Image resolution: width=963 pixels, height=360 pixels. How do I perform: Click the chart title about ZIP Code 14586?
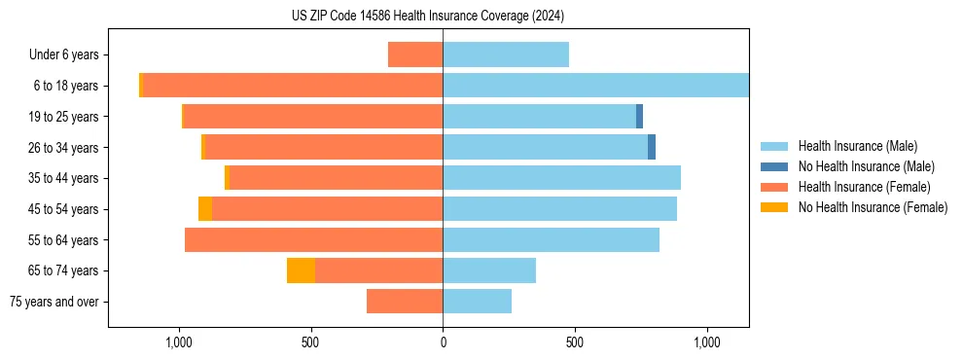point(427,17)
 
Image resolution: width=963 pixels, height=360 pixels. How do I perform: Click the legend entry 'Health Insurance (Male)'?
point(857,146)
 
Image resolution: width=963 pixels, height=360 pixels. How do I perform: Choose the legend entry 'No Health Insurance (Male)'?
point(866,166)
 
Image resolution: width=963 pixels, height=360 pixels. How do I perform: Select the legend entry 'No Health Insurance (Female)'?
point(873,207)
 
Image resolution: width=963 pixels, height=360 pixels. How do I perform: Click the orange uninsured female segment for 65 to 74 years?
point(301,270)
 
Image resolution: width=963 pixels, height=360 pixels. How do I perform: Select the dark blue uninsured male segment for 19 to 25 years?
point(639,117)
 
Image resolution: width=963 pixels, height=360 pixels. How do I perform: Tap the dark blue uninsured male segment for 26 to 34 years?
point(652,147)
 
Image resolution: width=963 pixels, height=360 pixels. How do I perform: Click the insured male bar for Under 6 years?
point(506,54)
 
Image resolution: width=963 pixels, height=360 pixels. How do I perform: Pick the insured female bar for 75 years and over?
point(405,302)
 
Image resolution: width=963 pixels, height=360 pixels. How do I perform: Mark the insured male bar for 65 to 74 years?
point(489,270)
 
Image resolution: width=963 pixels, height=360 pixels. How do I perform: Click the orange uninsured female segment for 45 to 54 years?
point(205,209)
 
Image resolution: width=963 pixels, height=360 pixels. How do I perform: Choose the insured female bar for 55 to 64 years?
point(313,240)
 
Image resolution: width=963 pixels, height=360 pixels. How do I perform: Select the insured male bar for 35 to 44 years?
point(561,178)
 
